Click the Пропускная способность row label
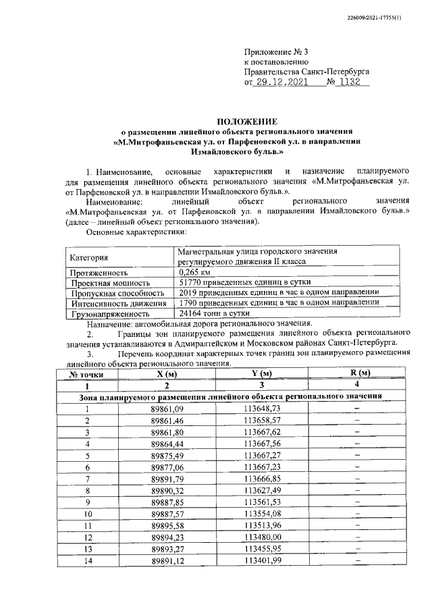[x=117, y=294]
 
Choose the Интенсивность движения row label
[x=117, y=304]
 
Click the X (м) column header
[x=166, y=373]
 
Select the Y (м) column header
[x=261, y=373]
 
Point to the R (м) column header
[x=356, y=373]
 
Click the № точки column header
[x=87, y=374]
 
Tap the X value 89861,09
[x=166, y=408]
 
